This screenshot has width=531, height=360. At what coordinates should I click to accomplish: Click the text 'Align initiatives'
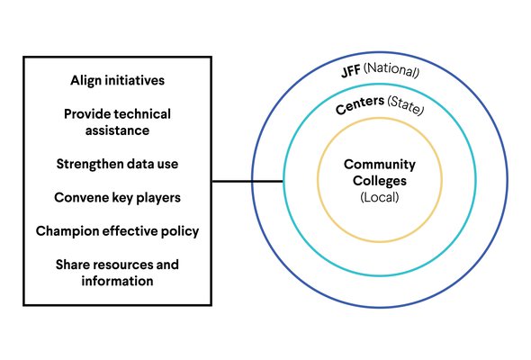118,81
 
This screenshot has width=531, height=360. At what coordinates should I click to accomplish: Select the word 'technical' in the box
144,114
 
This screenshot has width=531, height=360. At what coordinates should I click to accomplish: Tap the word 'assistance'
117,130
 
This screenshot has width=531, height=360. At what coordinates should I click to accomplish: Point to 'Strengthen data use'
117,165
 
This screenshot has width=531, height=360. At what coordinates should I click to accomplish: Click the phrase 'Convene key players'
117,198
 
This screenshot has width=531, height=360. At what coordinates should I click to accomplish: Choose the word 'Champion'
67,231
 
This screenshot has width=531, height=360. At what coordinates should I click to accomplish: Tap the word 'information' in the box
117,281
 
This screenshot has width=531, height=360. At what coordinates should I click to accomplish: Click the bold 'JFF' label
351,72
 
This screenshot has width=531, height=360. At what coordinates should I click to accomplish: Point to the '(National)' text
391,70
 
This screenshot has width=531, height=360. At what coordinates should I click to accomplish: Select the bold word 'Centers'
360,104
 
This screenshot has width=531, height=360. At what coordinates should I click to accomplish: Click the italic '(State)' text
406,105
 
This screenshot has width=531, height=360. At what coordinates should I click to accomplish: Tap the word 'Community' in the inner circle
380,165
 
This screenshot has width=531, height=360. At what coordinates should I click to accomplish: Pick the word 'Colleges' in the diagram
380,181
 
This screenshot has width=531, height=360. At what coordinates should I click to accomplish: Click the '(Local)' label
380,197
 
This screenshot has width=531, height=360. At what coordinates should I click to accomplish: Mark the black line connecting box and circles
247,182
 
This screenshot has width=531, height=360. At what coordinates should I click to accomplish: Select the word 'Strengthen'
86,165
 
